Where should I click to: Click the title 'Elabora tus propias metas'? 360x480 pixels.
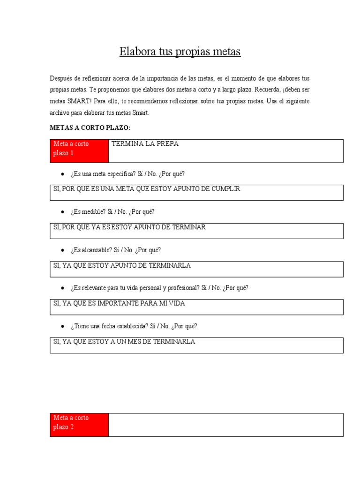coord(180,52)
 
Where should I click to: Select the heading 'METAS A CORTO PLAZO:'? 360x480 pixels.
coord(90,127)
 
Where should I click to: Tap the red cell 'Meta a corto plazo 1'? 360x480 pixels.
coord(79,150)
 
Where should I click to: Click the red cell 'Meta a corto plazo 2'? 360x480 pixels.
coord(79,424)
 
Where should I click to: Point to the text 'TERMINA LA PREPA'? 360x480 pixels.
coord(145,144)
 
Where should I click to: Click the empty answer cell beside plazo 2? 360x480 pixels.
coord(225,424)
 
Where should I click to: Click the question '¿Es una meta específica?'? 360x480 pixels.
coord(103,174)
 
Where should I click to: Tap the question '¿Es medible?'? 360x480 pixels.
coord(89,212)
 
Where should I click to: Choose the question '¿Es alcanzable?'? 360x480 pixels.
coord(92,250)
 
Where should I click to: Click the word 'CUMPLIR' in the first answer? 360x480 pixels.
coord(225,189)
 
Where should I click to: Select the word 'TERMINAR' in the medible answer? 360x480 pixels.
coord(189,227)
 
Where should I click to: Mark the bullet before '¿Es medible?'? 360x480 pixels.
coord(62,212)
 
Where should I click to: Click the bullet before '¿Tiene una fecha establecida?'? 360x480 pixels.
coord(62,326)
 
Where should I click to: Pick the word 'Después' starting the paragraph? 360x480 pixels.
coord(61,78)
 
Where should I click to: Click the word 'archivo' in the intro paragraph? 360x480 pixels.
coord(60,112)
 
